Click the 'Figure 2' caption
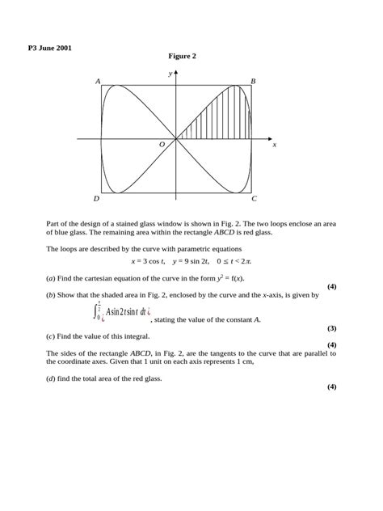coord(183,56)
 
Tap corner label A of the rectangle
coord(98,82)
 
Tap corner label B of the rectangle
coord(253,82)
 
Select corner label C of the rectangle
coord(254,198)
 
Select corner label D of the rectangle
coord(96,198)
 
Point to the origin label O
coord(162,143)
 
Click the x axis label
coord(275,144)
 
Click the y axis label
coord(170,73)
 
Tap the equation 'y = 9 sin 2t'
coord(193,262)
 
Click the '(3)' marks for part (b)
coord(331,328)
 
